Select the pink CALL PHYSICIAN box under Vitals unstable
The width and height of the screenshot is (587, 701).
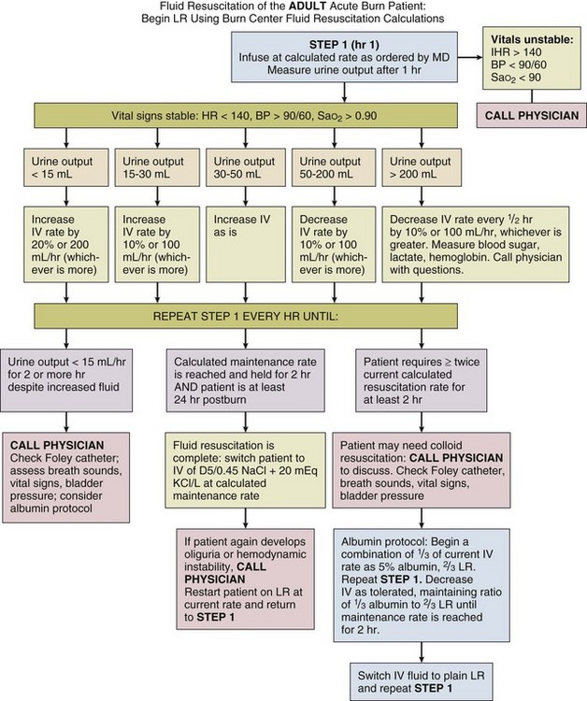pyautogui.click(x=529, y=118)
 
